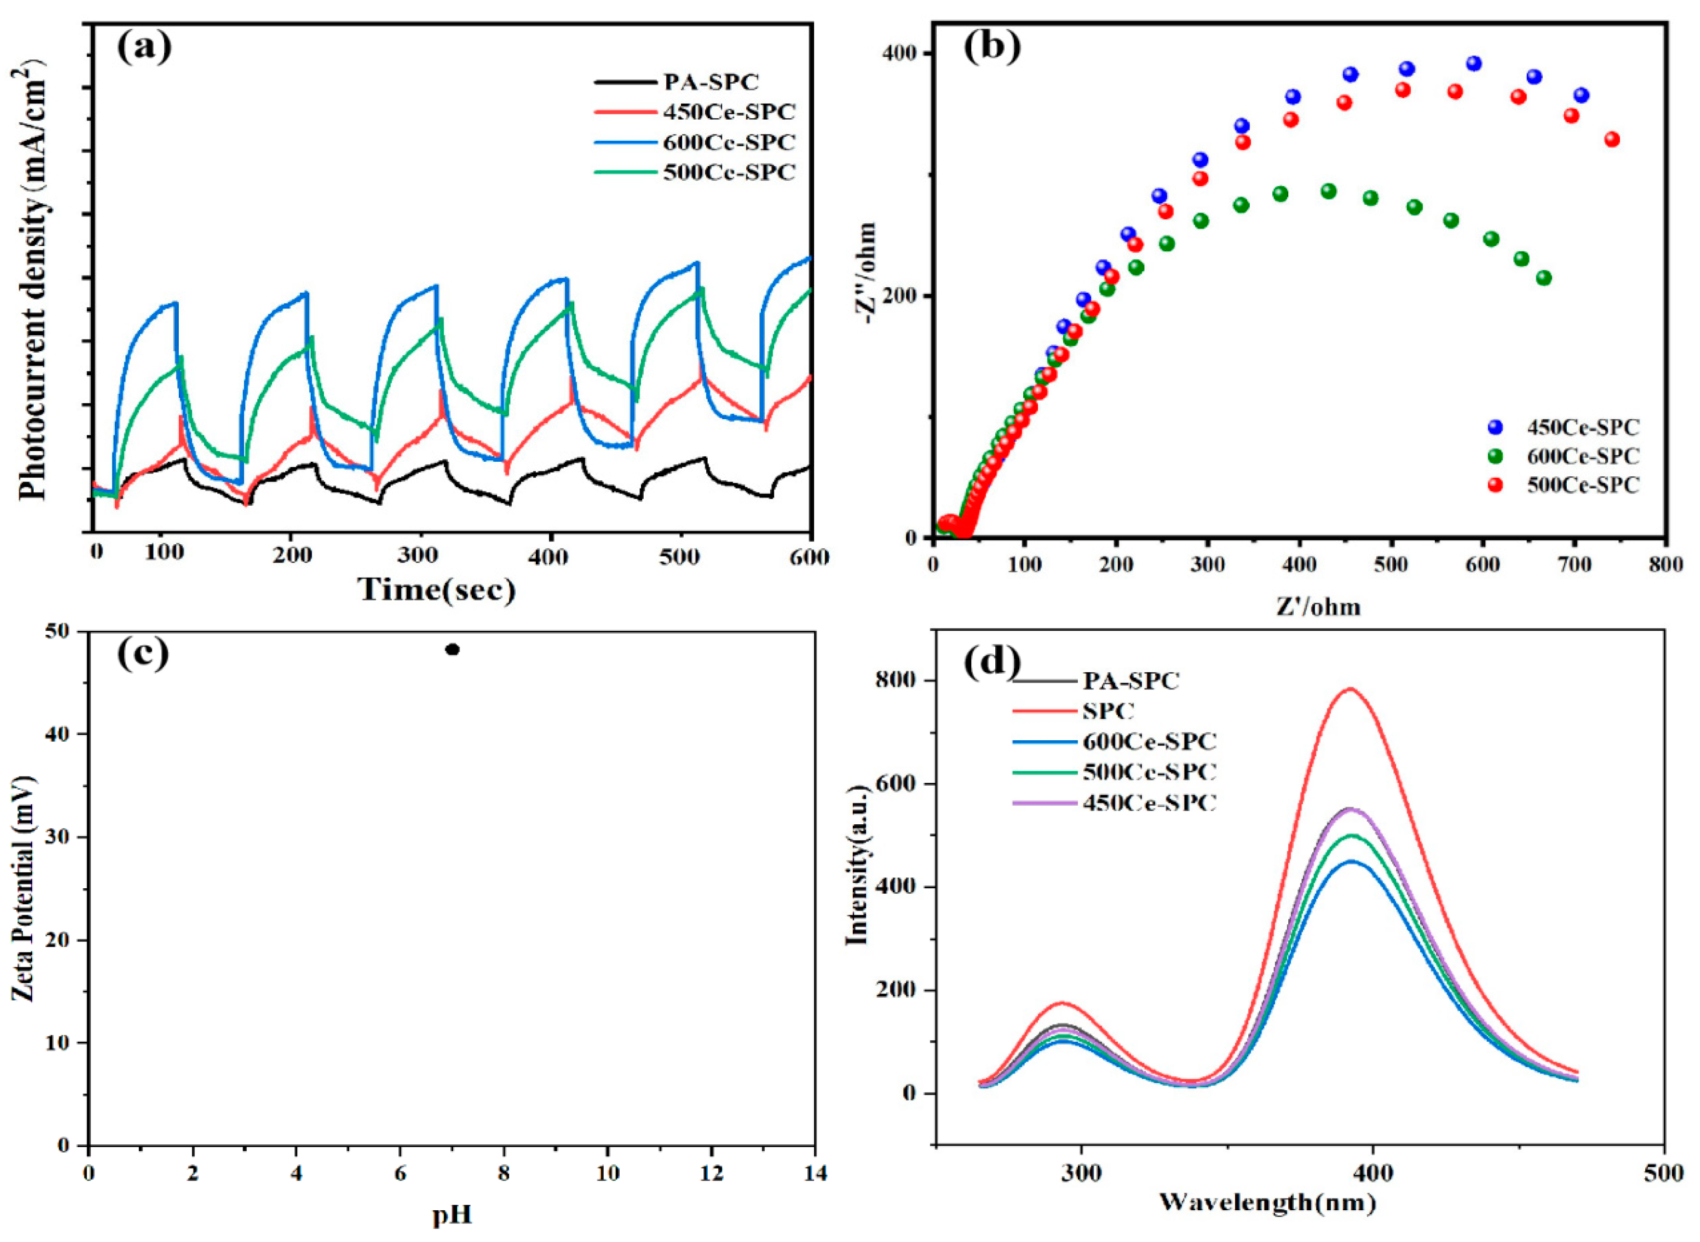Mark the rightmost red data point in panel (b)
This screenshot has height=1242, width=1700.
click(x=1611, y=140)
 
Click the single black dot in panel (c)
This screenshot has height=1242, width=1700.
click(x=452, y=649)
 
